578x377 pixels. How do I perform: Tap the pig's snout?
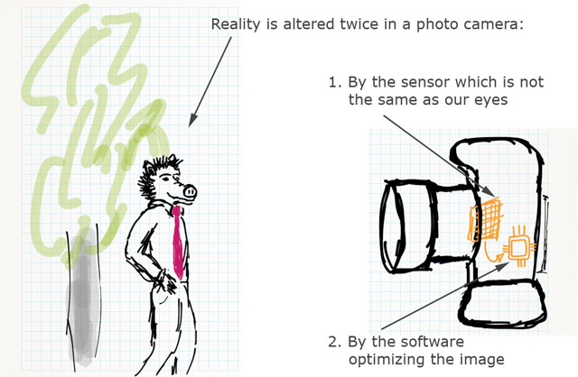click(186, 191)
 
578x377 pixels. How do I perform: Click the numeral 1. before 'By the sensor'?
click(334, 82)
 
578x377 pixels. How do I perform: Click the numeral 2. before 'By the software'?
click(334, 342)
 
